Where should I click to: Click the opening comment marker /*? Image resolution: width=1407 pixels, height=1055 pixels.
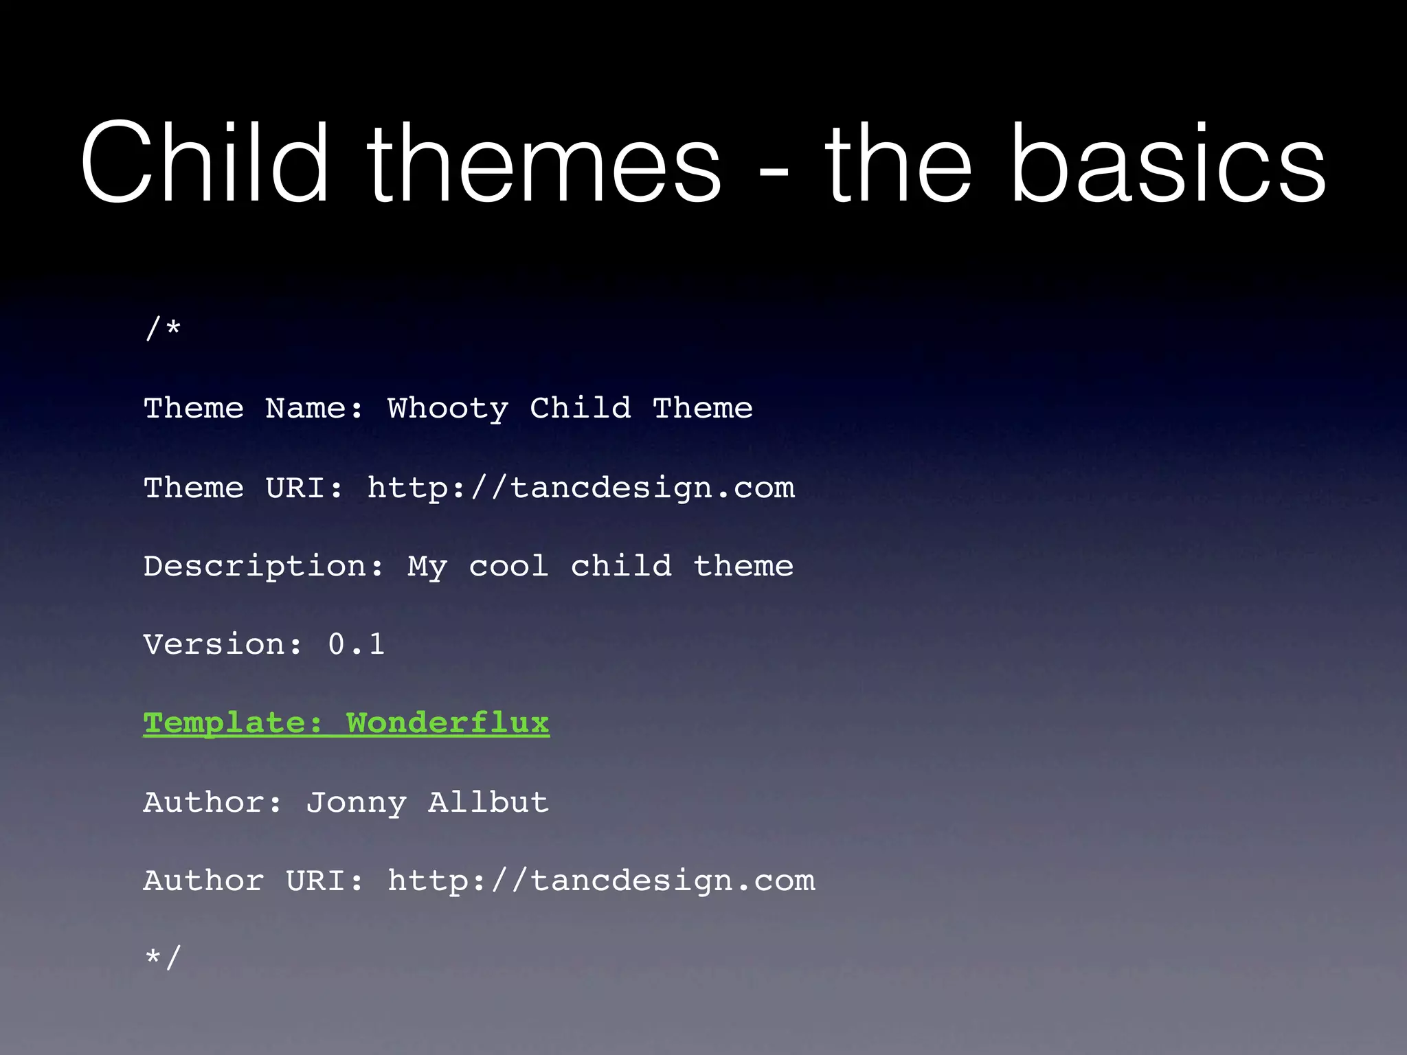click(x=163, y=329)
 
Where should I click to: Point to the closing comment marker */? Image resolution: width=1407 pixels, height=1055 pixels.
click(x=163, y=957)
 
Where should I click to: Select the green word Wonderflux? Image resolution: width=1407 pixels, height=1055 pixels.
click(x=447, y=723)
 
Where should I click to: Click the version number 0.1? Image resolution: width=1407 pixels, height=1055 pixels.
click(x=356, y=644)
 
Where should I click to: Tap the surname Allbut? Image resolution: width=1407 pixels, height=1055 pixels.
click(x=488, y=802)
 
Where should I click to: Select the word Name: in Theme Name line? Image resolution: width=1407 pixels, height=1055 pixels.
click(x=315, y=409)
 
